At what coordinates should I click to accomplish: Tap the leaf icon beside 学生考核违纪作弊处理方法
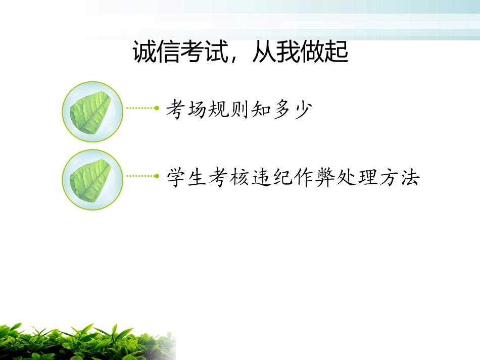[x=92, y=180]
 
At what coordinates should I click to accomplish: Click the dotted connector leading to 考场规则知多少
[x=142, y=108]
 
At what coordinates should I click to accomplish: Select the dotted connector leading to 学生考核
[x=142, y=176]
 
